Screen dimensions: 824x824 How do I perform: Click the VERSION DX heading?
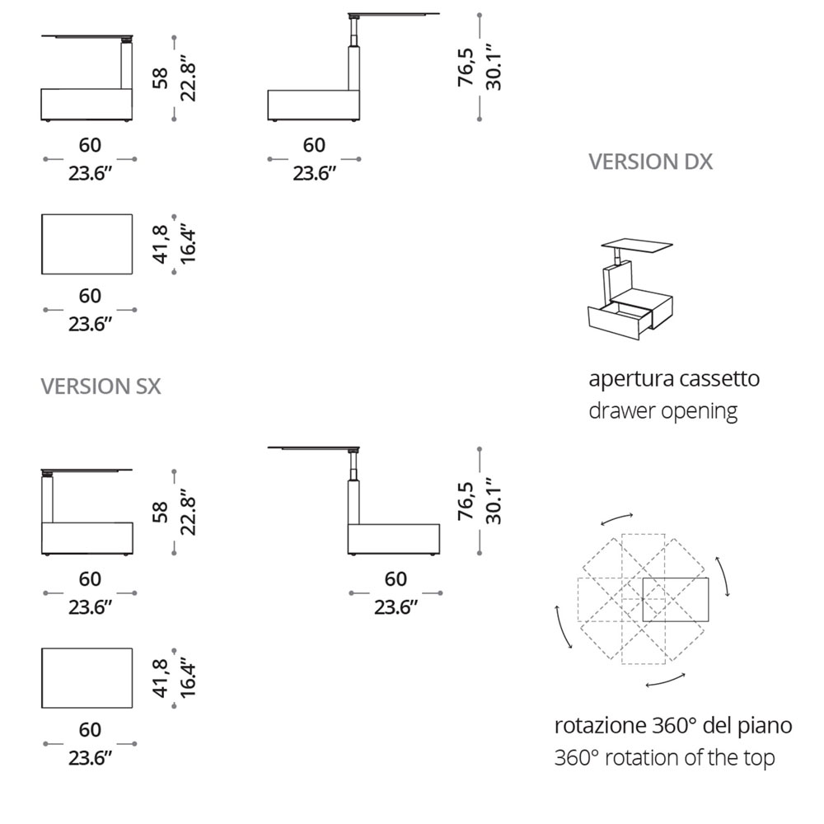point(650,162)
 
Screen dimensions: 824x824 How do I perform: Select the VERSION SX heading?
point(101,386)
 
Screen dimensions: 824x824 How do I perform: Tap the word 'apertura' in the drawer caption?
point(630,380)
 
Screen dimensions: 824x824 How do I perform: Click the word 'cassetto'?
point(719,380)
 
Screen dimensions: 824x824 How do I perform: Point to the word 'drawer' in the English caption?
point(618,410)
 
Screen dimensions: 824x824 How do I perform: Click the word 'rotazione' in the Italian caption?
point(600,726)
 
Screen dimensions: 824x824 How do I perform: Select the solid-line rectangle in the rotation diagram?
point(676,600)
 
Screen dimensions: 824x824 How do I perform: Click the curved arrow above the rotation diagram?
point(616,518)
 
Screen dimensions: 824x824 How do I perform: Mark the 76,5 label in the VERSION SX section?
point(467,502)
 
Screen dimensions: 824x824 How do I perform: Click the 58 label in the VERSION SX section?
point(161,513)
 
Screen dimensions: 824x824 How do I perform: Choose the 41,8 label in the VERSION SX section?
point(161,678)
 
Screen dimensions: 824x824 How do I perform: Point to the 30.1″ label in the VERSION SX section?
point(494,501)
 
